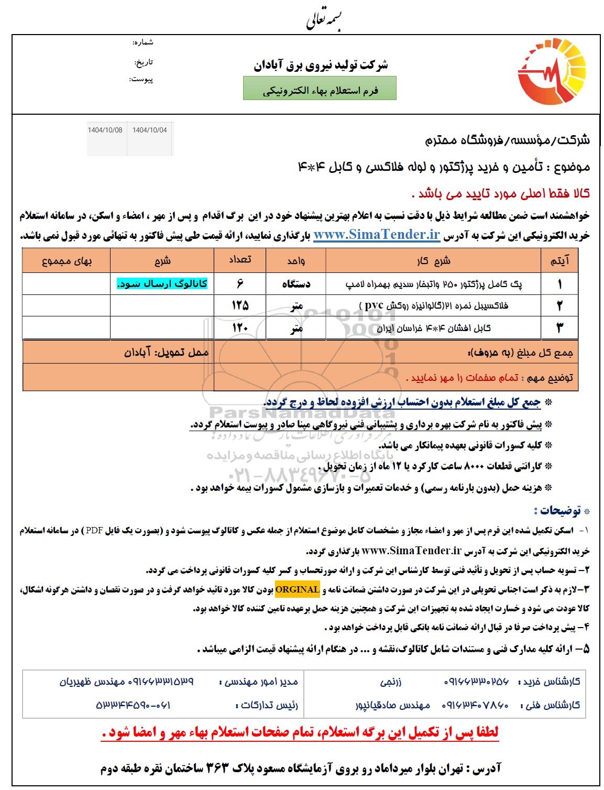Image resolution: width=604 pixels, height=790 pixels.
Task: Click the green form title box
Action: pos(320,89)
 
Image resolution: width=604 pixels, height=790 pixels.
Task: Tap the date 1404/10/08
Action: pos(105,130)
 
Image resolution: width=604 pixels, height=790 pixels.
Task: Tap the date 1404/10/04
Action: pos(150,130)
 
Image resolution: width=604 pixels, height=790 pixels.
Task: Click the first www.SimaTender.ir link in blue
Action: pos(376,235)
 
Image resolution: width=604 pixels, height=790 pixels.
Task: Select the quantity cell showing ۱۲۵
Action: pos(240,305)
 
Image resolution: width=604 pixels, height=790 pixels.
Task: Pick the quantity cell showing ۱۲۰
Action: pos(240,328)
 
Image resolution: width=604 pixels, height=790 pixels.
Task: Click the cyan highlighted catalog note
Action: pos(162,283)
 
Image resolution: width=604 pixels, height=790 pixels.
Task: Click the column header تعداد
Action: pos(240,260)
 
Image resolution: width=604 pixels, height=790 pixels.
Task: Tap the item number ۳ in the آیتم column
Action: pos(559,328)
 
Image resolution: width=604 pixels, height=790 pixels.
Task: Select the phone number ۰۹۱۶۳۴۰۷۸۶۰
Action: pos(476,705)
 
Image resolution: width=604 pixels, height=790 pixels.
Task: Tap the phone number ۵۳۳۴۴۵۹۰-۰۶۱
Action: pos(133,705)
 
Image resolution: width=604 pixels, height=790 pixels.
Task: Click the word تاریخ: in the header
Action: pos(144,62)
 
